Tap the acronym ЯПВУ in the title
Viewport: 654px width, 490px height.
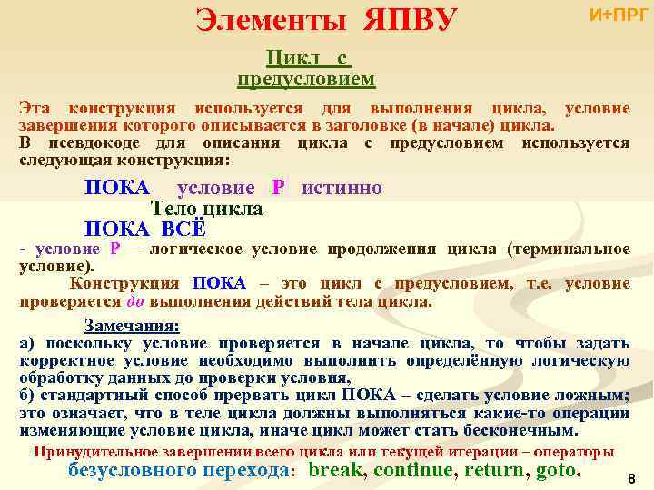(410, 20)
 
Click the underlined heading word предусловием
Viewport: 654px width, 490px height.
(306, 80)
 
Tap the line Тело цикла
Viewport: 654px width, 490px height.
(205, 209)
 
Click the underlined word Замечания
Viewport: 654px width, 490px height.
(132, 325)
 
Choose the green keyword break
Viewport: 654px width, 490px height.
(336, 470)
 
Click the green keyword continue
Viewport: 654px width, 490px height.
(413, 470)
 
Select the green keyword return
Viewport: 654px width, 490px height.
(496, 470)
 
